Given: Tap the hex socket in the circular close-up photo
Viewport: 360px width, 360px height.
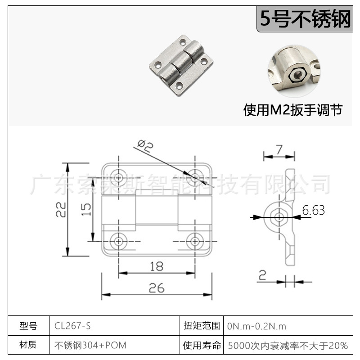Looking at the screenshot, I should pos(296,74).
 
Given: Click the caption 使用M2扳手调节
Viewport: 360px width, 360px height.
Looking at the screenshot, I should pos(292,110).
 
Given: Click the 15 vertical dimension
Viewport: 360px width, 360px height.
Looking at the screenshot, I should pos(86,209).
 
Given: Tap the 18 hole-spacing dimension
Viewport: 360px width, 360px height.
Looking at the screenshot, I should pos(156,266).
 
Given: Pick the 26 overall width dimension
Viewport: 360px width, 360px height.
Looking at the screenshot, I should pos(156,288).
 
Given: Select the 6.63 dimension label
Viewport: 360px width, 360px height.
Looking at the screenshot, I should pos(313,210).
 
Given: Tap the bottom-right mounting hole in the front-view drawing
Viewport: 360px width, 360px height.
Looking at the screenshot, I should pos(195,241).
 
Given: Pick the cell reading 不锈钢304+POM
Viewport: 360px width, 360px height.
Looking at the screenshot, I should pos(90,346).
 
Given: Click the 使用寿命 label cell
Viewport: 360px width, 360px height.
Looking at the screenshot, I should pos(202,346).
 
